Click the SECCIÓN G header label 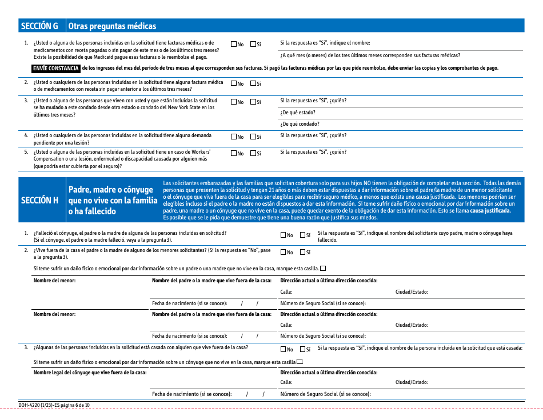(39, 26)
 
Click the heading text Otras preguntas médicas (111, 26)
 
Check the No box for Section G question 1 (234, 44)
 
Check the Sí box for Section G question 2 (253, 83)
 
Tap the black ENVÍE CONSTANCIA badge (56, 68)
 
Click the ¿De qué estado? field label (297, 113)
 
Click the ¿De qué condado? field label (300, 124)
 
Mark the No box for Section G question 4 (234, 137)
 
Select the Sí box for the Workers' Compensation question (253, 153)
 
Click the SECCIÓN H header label (39, 200)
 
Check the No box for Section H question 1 (284, 235)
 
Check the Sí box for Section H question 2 (302, 252)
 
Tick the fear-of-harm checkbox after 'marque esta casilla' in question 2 (324, 268)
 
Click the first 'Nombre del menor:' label (54, 281)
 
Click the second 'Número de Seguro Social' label (322, 336)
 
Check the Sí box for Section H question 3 (302, 349)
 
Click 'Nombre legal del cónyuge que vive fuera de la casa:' (90, 372)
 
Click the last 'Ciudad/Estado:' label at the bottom (412, 382)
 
